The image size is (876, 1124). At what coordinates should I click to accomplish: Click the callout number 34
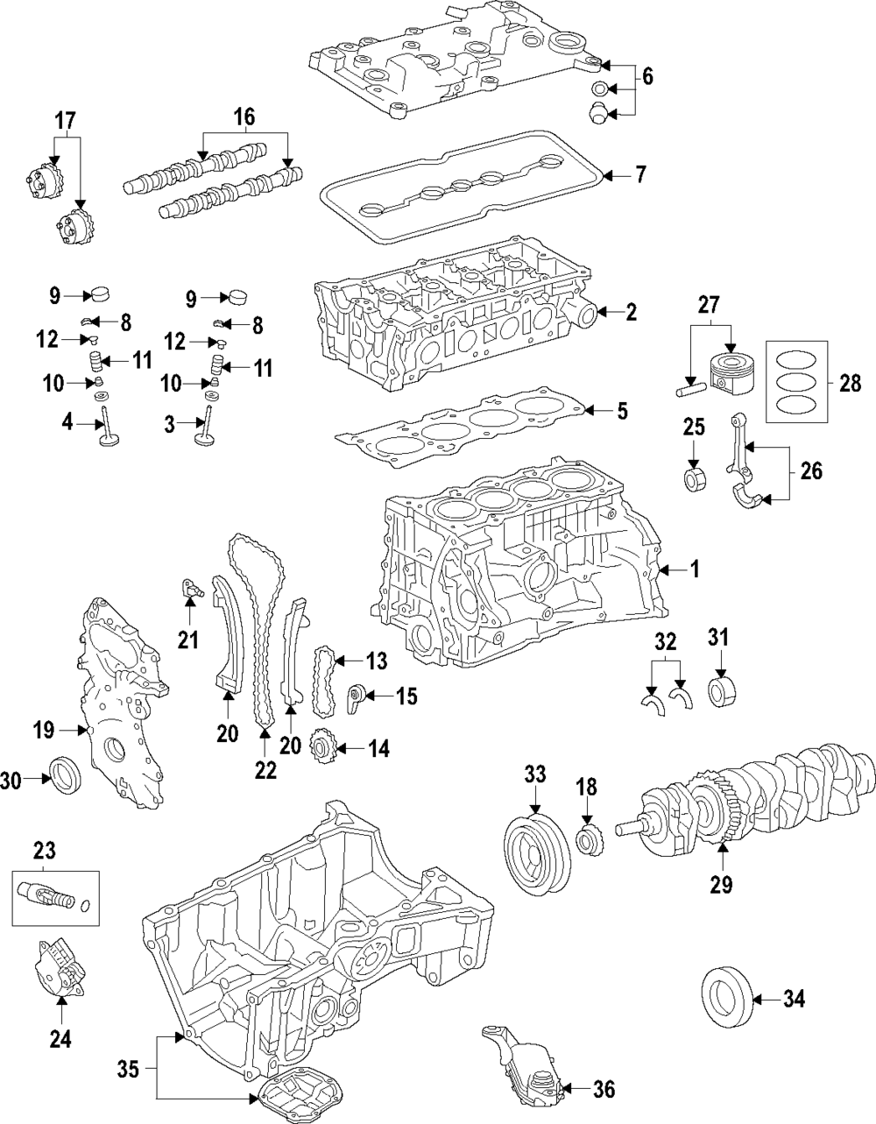794,998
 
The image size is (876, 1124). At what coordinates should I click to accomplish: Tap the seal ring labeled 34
726,998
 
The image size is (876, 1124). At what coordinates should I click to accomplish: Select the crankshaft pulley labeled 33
539,847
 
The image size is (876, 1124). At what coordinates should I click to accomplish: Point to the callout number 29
720,884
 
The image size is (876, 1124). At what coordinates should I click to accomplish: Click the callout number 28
850,383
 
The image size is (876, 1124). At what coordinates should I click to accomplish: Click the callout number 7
640,175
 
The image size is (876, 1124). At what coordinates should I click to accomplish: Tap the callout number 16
244,117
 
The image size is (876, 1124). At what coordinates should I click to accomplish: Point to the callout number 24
60,1039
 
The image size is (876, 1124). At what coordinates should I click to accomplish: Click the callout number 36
604,1089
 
